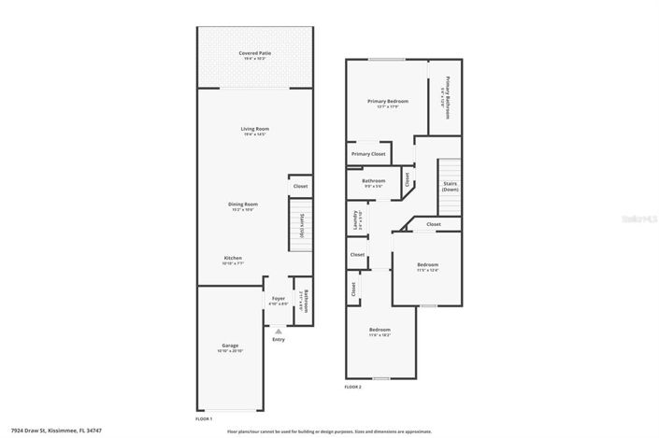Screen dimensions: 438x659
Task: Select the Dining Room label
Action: point(243,204)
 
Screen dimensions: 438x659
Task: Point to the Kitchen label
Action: point(233,258)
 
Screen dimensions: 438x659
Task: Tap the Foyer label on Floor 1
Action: point(278,299)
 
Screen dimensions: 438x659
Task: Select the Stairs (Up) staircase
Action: point(302,227)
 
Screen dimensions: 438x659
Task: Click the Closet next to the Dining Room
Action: point(300,187)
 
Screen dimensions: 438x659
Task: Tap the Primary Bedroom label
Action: point(386,101)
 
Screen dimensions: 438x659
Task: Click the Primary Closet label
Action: point(368,154)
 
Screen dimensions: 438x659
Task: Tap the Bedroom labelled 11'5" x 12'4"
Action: point(428,265)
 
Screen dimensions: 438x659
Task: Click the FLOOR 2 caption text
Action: point(352,386)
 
